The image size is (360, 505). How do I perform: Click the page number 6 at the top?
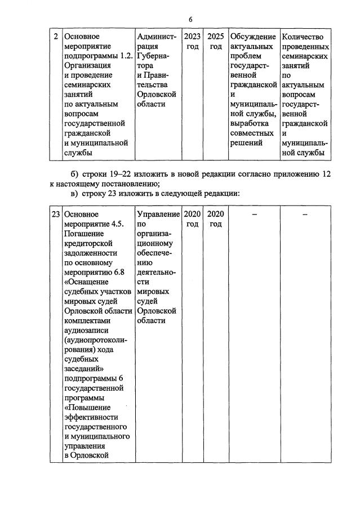190,20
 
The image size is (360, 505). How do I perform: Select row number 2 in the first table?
56,37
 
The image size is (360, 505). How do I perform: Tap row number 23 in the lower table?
56,214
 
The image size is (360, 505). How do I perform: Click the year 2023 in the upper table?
192,37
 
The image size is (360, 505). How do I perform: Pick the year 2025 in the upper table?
216,37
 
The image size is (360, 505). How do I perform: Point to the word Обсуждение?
253,37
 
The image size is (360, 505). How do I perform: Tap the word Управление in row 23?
158,214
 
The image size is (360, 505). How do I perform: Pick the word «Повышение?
87,407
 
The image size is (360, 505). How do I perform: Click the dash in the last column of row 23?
305,214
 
